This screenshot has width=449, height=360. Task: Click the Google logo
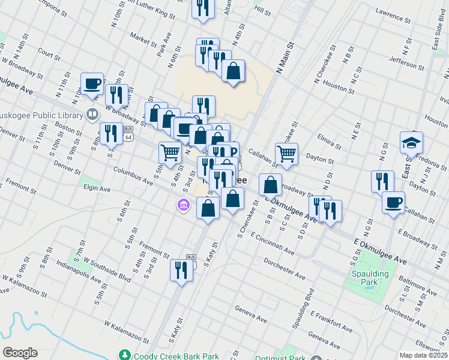[x=20, y=353]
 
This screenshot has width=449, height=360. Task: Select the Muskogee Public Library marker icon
[x=92, y=113]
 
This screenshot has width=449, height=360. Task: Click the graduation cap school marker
[x=411, y=143]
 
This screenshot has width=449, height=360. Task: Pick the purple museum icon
[x=183, y=206]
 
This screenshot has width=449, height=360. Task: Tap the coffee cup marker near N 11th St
[x=92, y=84]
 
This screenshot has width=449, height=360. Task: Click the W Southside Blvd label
[x=107, y=269]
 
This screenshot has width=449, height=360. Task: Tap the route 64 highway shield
[x=130, y=137]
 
